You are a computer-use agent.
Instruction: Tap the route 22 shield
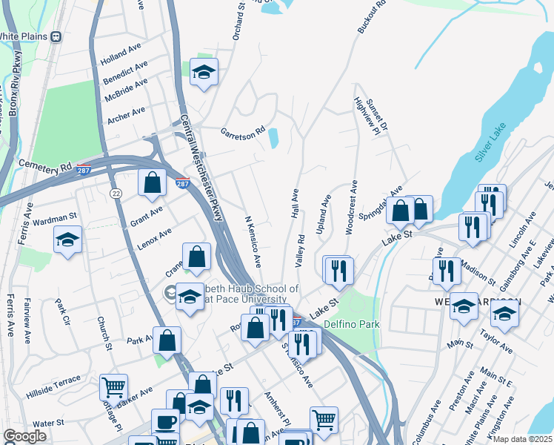coord(116,193)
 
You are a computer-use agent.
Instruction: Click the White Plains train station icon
coord(56,36)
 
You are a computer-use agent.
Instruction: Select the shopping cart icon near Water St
coord(113,386)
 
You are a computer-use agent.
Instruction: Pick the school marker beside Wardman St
coord(67,240)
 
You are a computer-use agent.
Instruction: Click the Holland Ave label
coord(121,56)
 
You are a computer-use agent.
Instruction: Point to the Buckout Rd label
coord(372,17)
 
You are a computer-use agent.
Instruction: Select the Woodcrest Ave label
coord(352,207)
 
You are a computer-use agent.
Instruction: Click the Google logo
coord(24,436)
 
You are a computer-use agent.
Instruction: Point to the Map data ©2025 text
coord(521,439)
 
